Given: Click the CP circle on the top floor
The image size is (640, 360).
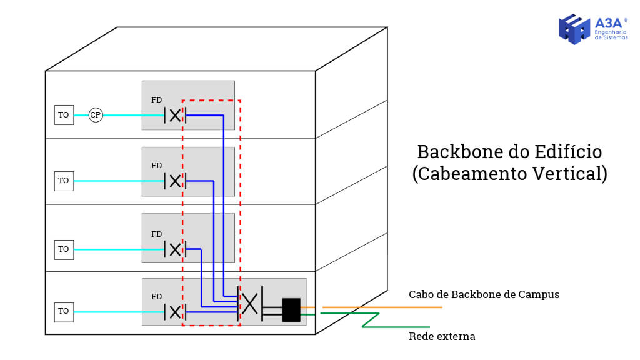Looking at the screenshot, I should pyautogui.click(x=96, y=115).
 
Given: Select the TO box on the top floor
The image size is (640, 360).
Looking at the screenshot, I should pyautogui.click(x=63, y=115).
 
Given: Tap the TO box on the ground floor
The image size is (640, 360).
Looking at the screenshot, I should pyautogui.click(x=63, y=311).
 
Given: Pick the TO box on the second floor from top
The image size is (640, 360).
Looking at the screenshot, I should pyautogui.click(x=63, y=181).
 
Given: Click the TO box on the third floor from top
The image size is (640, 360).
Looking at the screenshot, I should pyautogui.click(x=63, y=249).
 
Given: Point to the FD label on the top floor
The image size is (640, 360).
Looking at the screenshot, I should pyautogui.click(x=156, y=100).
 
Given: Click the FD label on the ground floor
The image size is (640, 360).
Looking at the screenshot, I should pyautogui.click(x=156, y=297).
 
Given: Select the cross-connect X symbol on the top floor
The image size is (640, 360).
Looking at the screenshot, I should pyautogui.click(x=175, y=115).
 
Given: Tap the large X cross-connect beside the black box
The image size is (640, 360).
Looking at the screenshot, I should pyautogui.click(x=249, y=304).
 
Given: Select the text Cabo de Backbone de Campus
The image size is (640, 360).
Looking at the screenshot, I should pyautogui.click(x=484, y=294).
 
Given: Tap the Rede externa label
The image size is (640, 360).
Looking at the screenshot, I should pyautogui.click(x=442, y=337).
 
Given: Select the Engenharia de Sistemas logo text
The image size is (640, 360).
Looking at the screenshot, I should pyautogui.click(x=611, y=34).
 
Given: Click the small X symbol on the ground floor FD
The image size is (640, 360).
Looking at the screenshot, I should pyautogui.click(x=175, y=311).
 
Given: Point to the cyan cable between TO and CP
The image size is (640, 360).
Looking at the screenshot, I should pyautogui.click(x=81, y=115).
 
